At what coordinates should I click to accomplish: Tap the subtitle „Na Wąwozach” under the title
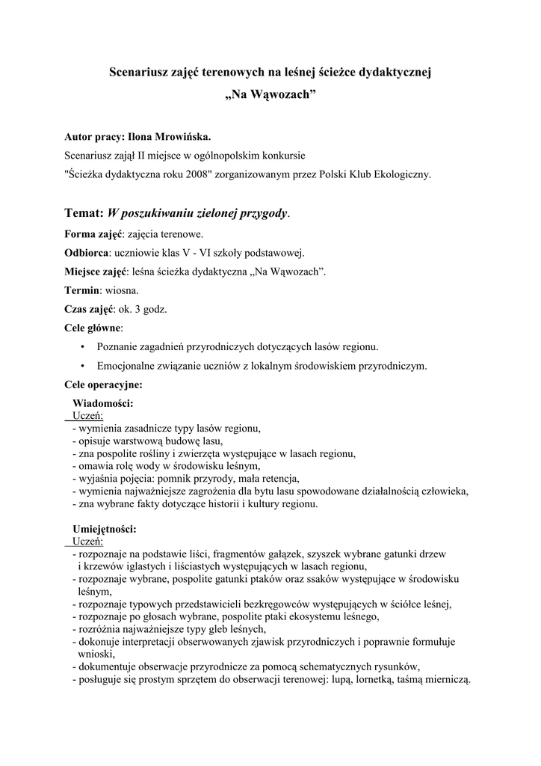pyautogui.click(x=270, y=97)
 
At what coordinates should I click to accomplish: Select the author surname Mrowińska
pyautogui.click(x=179, y=138)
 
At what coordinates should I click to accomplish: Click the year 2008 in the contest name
pyautogui.click(x=181, y=174)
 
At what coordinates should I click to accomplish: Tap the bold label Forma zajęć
pyautogui.click(x=93, y=234)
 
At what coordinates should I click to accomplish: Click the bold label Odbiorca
pyautogui.click(x=87, y=253)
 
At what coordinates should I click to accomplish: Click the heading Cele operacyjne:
pyautogui.click(x=103, y=385)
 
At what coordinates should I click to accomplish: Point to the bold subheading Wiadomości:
pyautogui.click(x=103, y=404)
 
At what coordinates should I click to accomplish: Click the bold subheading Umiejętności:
pyautogui.click(x=104, y=529)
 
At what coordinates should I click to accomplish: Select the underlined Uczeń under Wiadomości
pyautogui.click(x=88, y=416)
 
